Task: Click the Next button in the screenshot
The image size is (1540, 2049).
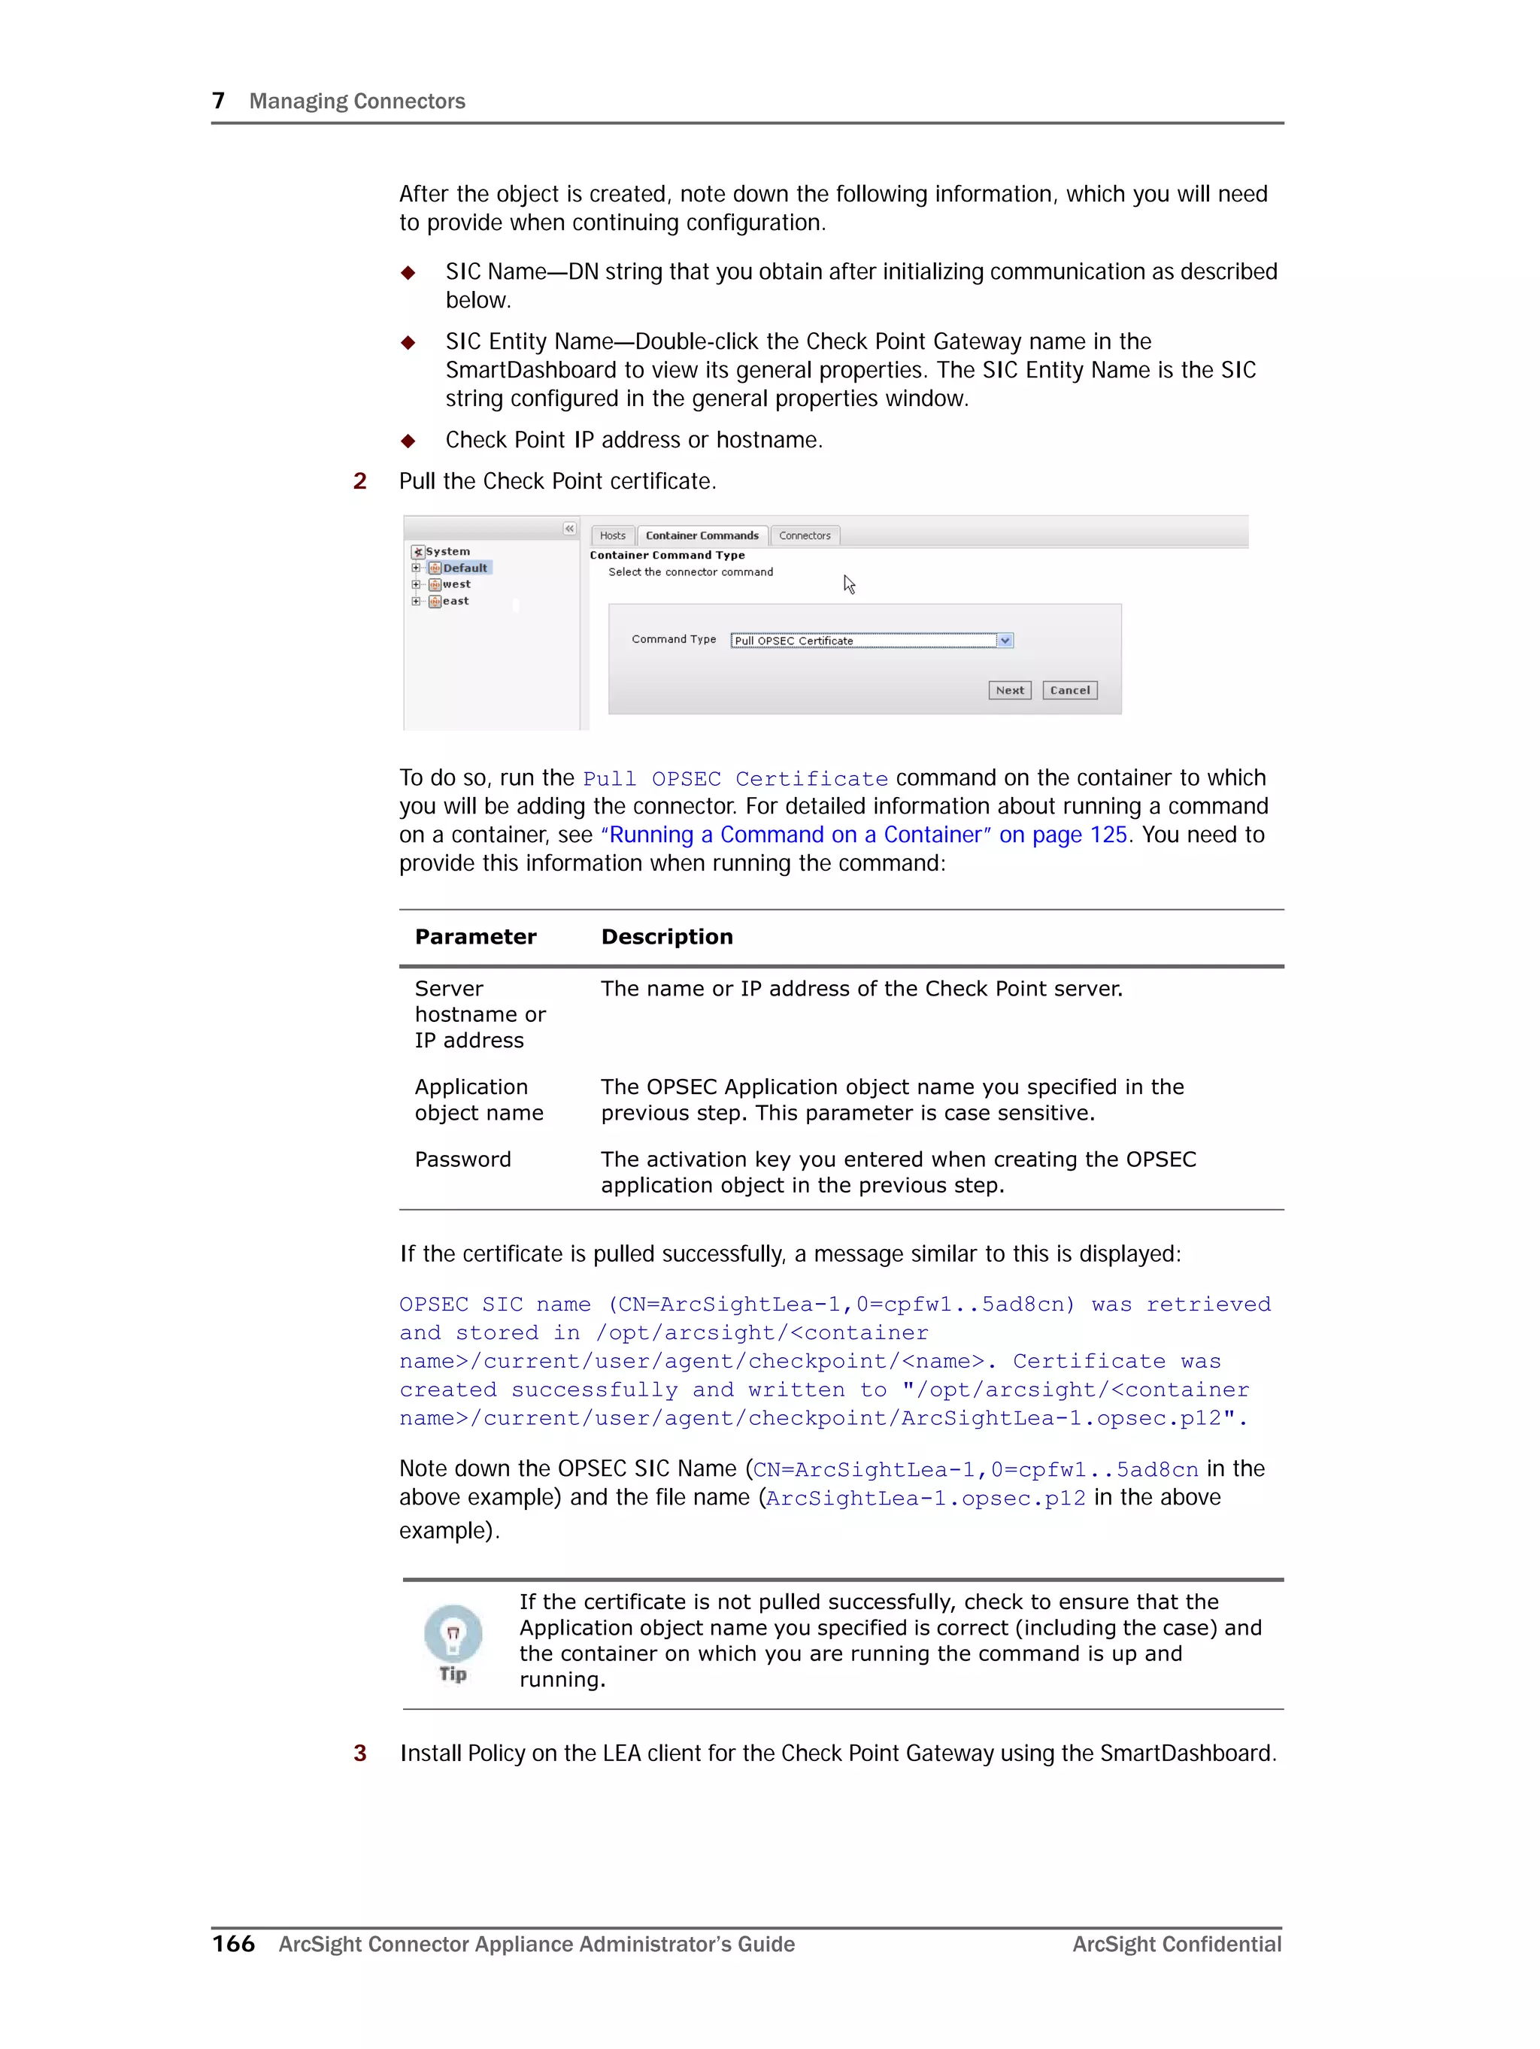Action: (1009, 690)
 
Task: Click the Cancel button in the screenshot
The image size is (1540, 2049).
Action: (1069, 690)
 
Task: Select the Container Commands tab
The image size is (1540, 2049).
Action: (702, 535)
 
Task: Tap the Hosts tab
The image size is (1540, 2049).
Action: (613, 535)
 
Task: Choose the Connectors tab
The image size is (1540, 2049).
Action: (805, 535)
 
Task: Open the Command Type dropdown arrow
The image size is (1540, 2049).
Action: (1005, 640)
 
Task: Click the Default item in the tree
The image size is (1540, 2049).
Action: (464, 568)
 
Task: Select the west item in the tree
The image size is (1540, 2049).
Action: (456, 584)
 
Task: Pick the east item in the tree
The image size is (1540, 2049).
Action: (455, 602)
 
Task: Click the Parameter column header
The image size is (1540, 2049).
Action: (475, 936)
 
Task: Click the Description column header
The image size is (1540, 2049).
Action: (666, 936)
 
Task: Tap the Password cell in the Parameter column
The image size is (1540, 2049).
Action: (462, 1159)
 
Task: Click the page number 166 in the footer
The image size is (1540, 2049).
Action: (234, 1944)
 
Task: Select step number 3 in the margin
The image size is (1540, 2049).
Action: (359, 1753)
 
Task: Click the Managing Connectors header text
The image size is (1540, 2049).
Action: (356, 101)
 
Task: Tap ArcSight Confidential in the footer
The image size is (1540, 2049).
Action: (1176, 1944)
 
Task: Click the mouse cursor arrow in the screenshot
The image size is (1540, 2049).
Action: (848, 583)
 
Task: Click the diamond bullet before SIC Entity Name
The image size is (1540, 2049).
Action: (408, 343)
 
